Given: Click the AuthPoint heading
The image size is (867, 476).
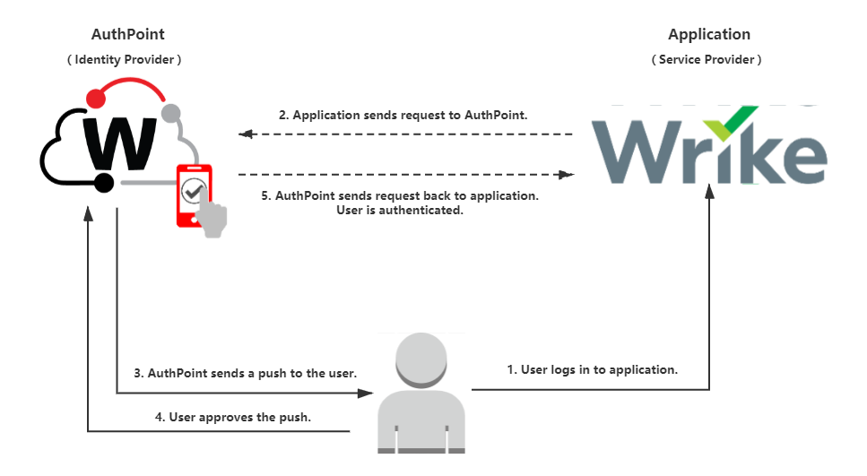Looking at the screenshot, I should tap(128, 34).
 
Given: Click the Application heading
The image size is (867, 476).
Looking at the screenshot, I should tap(708, 34).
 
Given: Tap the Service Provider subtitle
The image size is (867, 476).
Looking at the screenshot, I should tap(707, 59).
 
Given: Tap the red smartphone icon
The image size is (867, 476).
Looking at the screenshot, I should tap(195, 191).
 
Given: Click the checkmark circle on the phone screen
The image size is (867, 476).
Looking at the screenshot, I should tap(194, 190).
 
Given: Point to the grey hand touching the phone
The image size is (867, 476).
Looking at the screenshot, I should tap(213, 218).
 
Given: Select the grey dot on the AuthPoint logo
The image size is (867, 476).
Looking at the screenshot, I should tap(169, 112).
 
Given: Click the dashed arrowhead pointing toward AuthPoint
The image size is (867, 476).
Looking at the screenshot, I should tap(245, 134).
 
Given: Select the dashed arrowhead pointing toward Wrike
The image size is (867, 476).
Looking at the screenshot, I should tap(566, 175).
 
